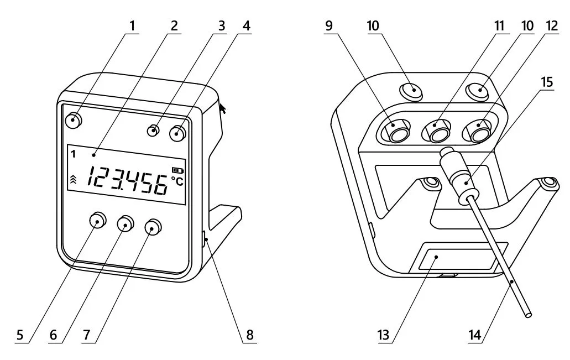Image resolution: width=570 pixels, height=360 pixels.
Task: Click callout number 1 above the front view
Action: coord(132,26)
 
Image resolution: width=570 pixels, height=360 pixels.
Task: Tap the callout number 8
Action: coord(250,335)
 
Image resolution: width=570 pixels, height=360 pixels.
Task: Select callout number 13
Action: coord(383,335)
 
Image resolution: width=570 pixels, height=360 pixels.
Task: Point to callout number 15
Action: coord(547,82)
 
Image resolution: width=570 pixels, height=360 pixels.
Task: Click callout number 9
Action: coord(329,26)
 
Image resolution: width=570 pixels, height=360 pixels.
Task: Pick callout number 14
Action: coord(475,335)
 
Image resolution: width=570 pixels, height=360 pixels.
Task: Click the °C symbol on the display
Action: coord(178,181)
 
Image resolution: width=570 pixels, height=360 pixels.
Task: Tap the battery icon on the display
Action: coord(177,170)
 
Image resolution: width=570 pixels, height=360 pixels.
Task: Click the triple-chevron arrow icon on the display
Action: coord(73,179)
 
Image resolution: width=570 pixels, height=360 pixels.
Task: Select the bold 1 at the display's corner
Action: coord(74,154)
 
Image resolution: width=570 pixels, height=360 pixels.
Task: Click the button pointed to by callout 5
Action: coord(97,220)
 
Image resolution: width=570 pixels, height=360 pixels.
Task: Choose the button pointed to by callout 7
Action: coord(153,227)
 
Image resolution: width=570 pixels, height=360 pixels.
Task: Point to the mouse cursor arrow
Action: coord(222,108)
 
